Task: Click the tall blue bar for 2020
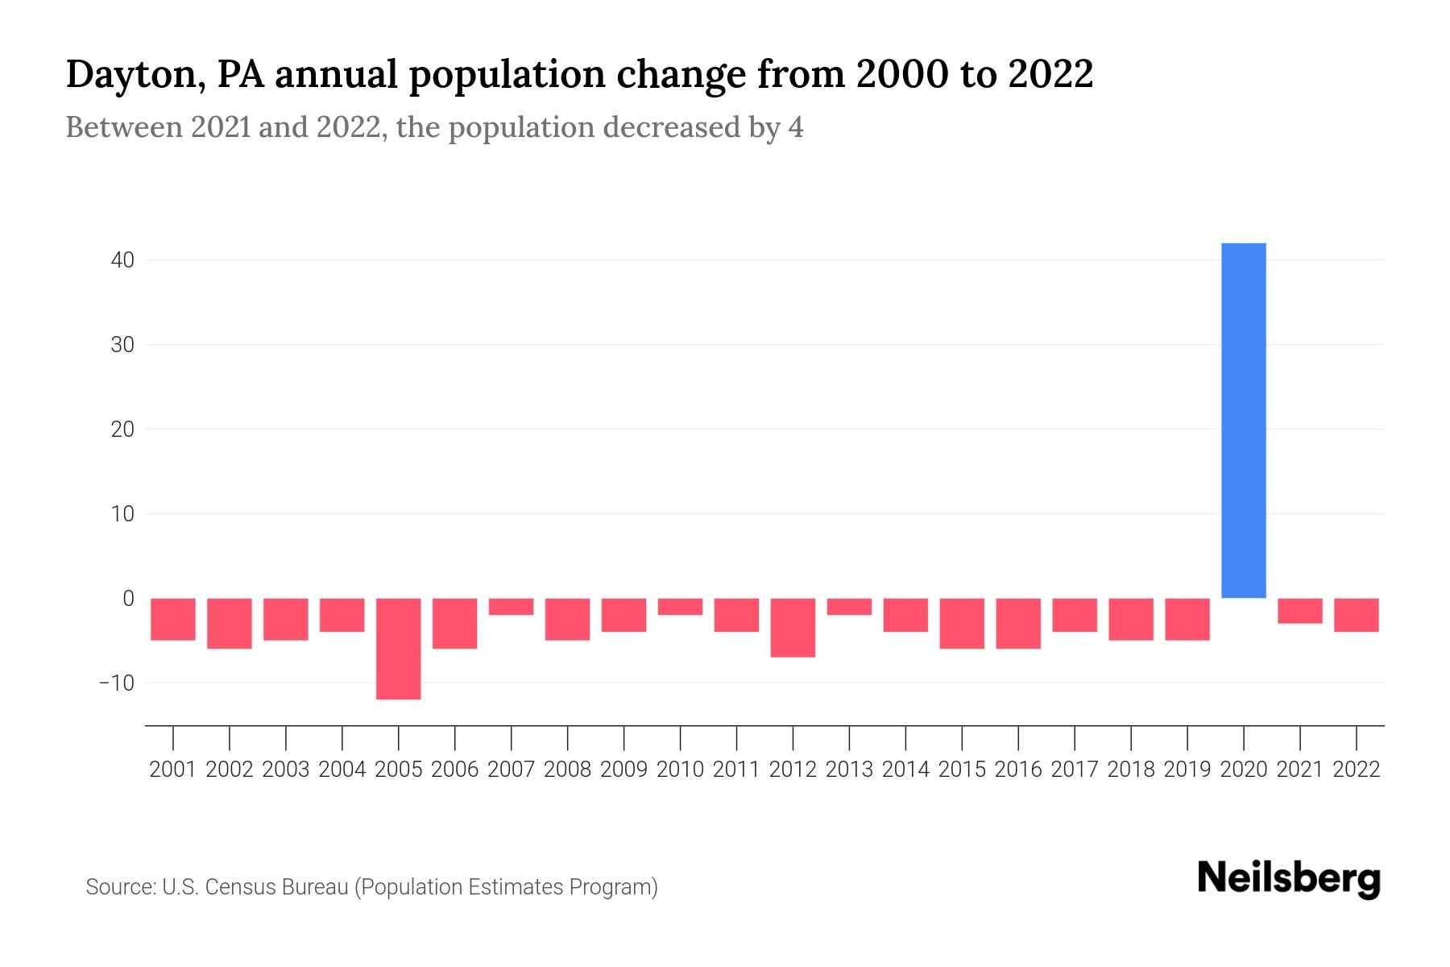pos(1244,420)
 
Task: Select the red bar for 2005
pos(399,649)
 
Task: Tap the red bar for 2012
pos(793,628)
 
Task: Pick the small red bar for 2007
pos(511,607)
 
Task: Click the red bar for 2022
pos(1357,615)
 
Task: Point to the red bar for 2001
pos(173,619)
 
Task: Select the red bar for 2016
pos(1018,623)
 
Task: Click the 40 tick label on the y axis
pos(117,260)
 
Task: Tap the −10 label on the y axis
pos(115,683)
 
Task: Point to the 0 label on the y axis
pos(128,598)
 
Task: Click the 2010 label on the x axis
pos(680,770)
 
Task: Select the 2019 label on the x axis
pos(1187,770)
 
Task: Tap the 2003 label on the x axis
pos(286,770)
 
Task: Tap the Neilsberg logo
pos(1289,878)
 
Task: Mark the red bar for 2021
pos(1300,611)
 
